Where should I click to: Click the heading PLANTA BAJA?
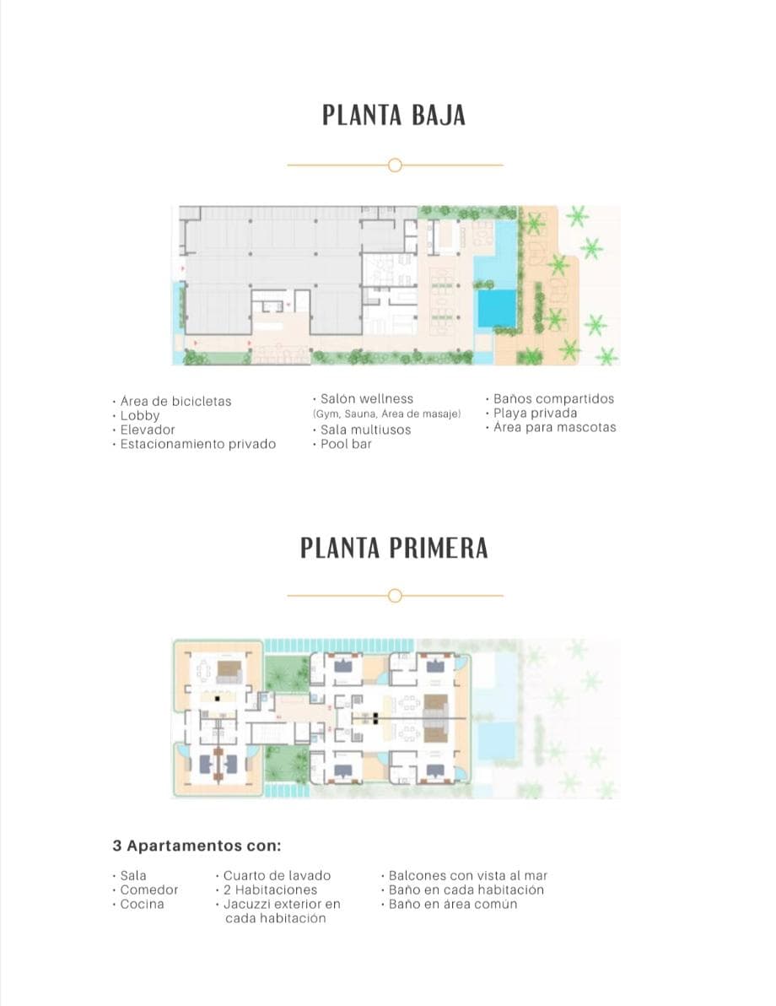pos(394,116)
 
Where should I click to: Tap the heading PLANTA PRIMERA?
pos(394,548)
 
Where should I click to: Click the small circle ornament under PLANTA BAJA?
pos(395,165)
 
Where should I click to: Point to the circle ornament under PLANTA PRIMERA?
pos(395,596)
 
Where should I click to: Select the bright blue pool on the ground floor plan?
pos(497,307)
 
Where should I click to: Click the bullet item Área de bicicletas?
pos(175,401)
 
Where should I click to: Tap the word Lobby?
pos(140,415)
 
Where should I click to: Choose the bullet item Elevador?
pos(148,430)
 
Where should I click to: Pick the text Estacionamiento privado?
pos(197,444)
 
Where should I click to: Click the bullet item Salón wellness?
pos(367,398)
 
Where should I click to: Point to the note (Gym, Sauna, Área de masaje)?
pos(386,414)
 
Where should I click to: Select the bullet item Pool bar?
pos(346,444)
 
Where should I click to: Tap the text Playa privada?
pos(535,413)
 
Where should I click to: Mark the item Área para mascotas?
pos(554,427)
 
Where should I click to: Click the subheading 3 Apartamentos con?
pos(197,845)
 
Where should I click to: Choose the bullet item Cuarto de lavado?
pos(277,875)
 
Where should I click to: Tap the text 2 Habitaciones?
pos(270,890)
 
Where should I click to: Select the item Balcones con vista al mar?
pos(467,875)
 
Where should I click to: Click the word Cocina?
pos(143,904)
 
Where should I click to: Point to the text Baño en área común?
pos(452,904)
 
